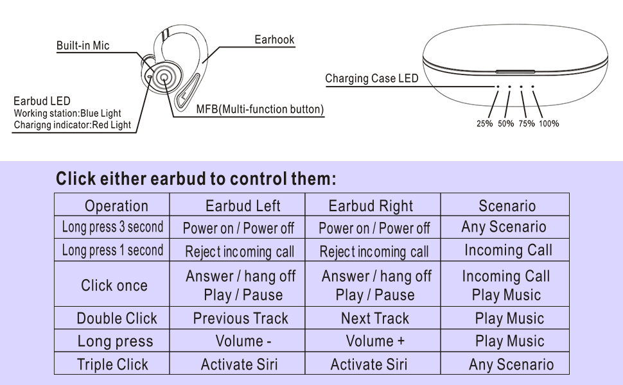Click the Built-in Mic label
[x=83, y=46]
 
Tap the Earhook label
[x=274, y=40]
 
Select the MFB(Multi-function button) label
[x=259, y=110]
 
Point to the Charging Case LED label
[x=371, y=79]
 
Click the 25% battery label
[x=484, y=124]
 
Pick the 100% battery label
[x=548, y=124]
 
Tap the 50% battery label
[x=505, y=124]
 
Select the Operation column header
[x=116, y=206]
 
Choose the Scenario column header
[x=507, y=206]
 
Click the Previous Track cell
[x=240, y=318]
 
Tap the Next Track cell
[x=375, y=318]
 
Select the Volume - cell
[x=239, y=341]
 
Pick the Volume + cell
[x=375, y=341]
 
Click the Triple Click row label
[x=112, y=364]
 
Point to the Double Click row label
[x=116, y=318]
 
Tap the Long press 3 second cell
[x=112, y=227]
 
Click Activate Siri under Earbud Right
[x=369, y=364]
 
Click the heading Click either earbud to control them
[x=196, y=179]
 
